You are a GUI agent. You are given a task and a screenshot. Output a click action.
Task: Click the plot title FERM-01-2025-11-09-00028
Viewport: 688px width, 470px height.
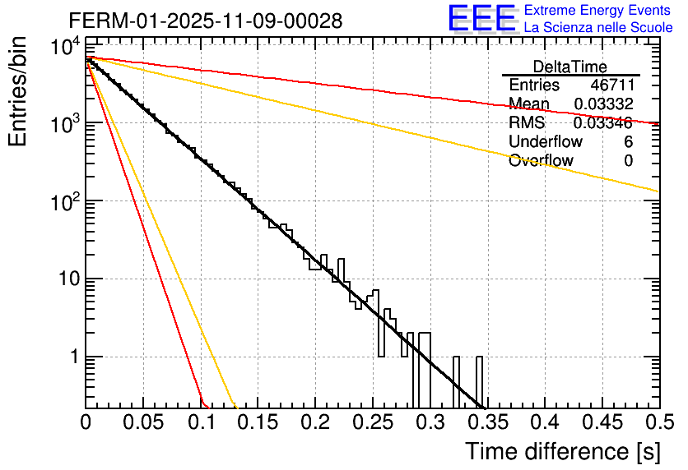[x=206, y=21]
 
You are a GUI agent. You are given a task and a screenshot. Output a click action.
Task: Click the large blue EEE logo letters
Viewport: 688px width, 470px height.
[x=481, y=19]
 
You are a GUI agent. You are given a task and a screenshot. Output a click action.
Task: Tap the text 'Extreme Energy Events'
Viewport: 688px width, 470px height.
[x=598, y=11]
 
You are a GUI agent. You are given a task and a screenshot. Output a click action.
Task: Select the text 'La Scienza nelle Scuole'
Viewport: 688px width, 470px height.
[x=598, y=27]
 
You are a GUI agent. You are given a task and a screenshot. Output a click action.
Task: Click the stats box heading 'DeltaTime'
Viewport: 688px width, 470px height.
[x=570, y=67]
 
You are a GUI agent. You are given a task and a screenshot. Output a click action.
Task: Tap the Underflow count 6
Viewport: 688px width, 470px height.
[x=628, y=142]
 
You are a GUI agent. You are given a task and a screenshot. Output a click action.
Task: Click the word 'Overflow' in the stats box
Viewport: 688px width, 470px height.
[x=541, y=161]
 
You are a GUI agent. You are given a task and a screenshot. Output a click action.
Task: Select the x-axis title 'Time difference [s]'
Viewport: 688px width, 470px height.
[x=561, y=451]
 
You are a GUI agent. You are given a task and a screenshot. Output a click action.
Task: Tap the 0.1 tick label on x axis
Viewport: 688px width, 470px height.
[x=200, y=422]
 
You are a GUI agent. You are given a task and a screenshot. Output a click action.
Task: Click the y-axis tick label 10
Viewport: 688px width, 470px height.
[x=63, y=279]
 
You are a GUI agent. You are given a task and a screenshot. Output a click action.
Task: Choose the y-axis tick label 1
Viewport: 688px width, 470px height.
[x=72, y=357]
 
